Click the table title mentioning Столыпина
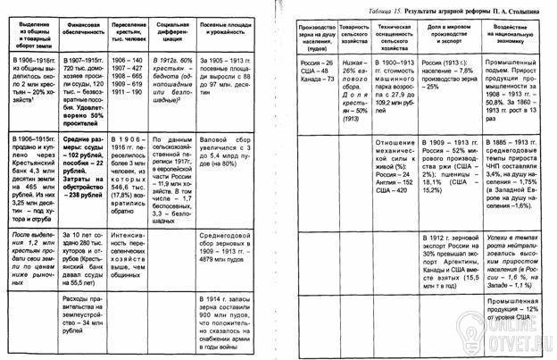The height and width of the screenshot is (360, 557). tap(465, 7)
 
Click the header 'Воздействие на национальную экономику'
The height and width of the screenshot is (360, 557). tap(520, 38)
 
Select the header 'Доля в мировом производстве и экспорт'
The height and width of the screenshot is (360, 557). tap(453, 38)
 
